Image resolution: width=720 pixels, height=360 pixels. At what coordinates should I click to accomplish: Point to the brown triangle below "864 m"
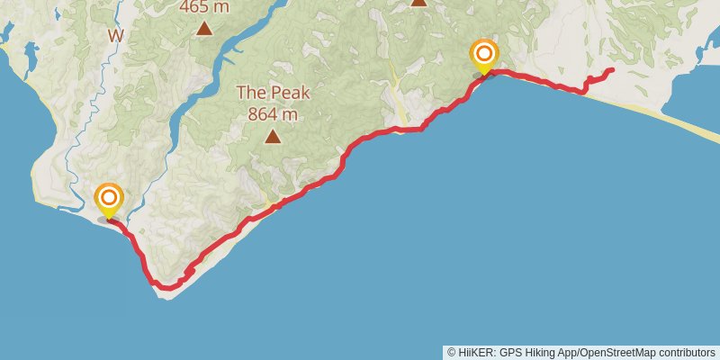point(272,137)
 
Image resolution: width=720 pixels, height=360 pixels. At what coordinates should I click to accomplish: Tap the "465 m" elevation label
point(204,7)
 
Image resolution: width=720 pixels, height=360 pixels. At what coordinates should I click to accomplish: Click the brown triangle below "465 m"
point(204,29)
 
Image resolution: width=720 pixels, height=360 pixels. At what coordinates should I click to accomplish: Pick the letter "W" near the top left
point(115,36)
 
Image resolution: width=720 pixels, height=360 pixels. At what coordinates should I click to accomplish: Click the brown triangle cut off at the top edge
point(418,2)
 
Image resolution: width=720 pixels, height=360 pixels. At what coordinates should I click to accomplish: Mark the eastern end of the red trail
point(612,69)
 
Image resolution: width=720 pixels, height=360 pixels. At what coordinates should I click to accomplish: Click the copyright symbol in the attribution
point(451,353)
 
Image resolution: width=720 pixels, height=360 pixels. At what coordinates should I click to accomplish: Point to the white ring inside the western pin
point(109,196)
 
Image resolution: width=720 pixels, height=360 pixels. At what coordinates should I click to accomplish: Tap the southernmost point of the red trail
point(162,288)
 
